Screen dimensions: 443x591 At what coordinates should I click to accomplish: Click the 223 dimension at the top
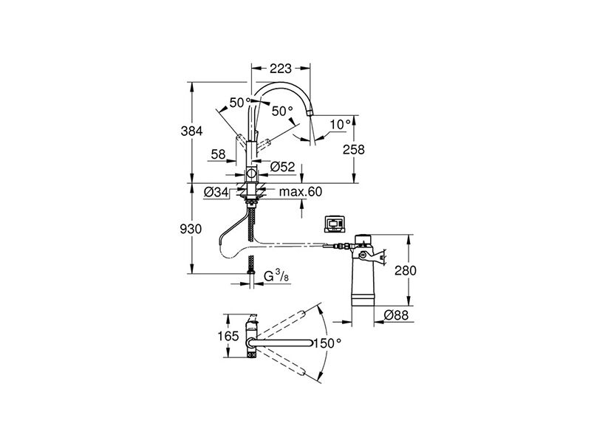279,69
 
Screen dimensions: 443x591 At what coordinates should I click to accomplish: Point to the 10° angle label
338,125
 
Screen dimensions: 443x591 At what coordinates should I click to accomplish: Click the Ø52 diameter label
282,168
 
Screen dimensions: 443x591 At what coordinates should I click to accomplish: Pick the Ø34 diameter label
215,193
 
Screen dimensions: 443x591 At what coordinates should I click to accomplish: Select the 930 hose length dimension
191,230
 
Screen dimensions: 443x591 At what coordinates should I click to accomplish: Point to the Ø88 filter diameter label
397,316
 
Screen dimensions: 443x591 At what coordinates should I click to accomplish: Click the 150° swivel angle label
329,343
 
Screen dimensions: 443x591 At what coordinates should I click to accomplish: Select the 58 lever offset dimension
218,154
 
